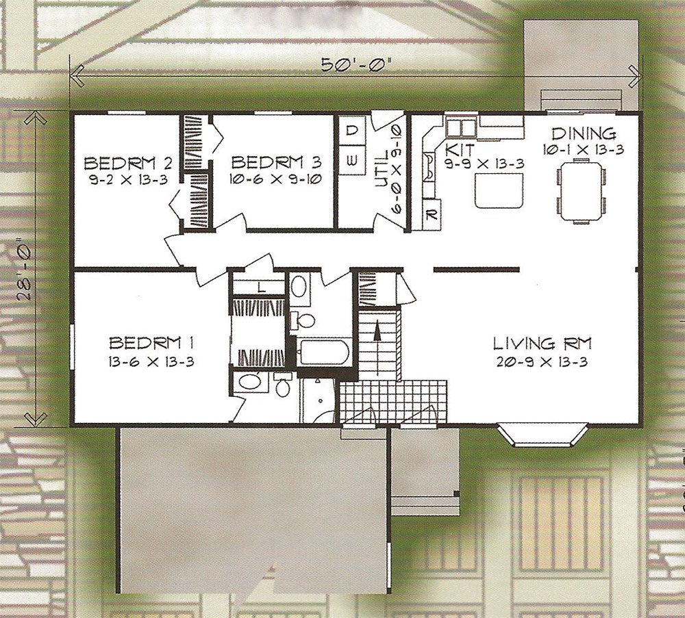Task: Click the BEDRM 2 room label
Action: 127,164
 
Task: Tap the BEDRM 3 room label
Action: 276,162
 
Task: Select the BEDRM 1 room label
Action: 151,342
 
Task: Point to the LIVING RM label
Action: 542,344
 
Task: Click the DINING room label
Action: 583,133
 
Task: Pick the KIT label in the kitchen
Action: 459,150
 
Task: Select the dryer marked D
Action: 352,130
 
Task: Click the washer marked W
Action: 352,161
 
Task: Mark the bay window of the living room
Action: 543,435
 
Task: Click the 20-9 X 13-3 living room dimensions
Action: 542,363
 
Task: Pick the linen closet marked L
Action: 258,287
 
